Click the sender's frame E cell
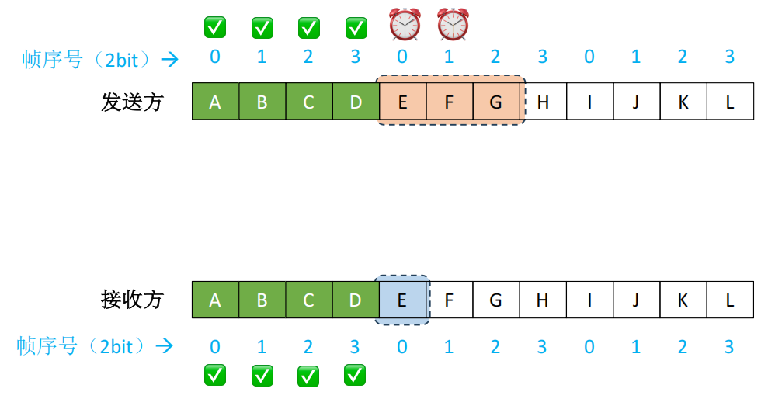click(x=402, y=102)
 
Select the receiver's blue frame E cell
click(x=402, y=300)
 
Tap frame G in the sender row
click(x=495, y=102)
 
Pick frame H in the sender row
click(x=542, y=102)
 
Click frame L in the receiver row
click(x=729, y=300)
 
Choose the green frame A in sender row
click(x=215, y=102)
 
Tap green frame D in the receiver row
click(x=356, y=300)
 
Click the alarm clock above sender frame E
click(x=405, y=24)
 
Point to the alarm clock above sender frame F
click(x=453, y=24)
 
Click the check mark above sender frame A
click(x=215, y=27)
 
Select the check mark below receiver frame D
click(x=356, y=376)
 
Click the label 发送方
click(x=132, y=102)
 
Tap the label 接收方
click(x=132, y=300)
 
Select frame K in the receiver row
click(x=683, y=300)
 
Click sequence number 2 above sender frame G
click(x=495, y=57)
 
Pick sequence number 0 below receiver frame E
click(x=402, y=346)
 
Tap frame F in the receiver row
click(x=449, y=300)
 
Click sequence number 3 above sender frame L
click(x=729, y=57)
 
